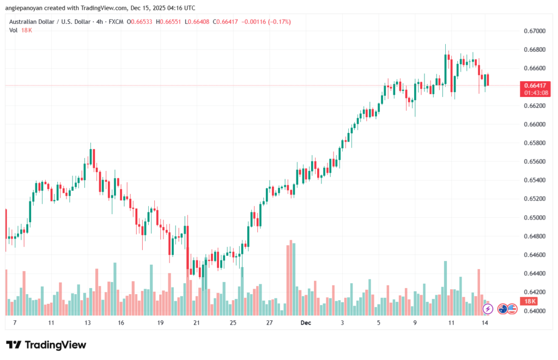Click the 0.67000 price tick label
click(x=535, y=32)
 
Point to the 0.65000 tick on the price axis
click(x=535, y=218)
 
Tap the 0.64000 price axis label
click(x=535, y=311)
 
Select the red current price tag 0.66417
click(x=536, y=86)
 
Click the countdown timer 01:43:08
click(x=536, y=93)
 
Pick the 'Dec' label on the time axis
click(x=306, y=322)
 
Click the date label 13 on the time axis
click(x=87, y=322)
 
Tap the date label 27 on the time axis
click(x=269, y=322)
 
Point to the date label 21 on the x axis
click(x=197, y=322)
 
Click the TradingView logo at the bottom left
click(x=46, y=345)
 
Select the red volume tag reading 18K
click(x=529, y=301)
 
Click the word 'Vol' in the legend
click(x=13, y=30)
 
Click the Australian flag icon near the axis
click(x=502, y=309)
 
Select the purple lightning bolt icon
click(x=488, y=309)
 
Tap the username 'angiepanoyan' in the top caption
click(x=23, y=8)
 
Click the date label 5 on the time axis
click(x=378, y=322)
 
